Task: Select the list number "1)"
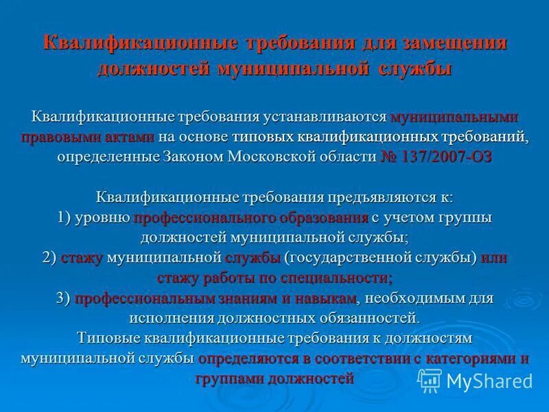click(x=67, y=218)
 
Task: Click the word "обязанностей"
click(x=367, y=319)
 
